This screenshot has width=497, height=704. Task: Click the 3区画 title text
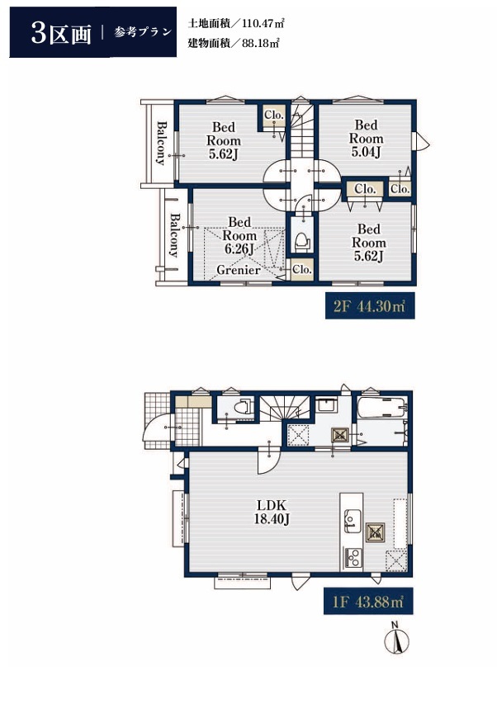pos(61,33)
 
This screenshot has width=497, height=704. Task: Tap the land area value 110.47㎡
pos(263,23)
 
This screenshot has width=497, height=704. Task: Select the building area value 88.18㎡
pos(260,43)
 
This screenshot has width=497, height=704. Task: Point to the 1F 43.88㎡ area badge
pos(368,601)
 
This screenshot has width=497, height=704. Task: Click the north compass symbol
pos(396,639)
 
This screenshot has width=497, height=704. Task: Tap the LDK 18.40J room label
pos(272,512)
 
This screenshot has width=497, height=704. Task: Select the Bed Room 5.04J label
pos(366,139)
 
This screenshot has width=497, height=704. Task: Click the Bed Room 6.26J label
pos(239,235)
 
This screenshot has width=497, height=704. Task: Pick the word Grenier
pos(239,269)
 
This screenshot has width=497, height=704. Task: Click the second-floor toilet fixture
pos(303,242)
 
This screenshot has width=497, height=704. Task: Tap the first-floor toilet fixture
pos(242,406)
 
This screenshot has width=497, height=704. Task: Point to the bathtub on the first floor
pos(381,407)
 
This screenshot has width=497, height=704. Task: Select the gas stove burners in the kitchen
pos(353,557)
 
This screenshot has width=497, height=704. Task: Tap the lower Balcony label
pos(174,235)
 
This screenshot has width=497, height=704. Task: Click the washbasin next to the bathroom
pos(325,404)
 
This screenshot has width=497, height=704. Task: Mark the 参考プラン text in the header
pos(143,32)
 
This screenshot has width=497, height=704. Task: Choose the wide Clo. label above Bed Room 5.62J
pos(365,189)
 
